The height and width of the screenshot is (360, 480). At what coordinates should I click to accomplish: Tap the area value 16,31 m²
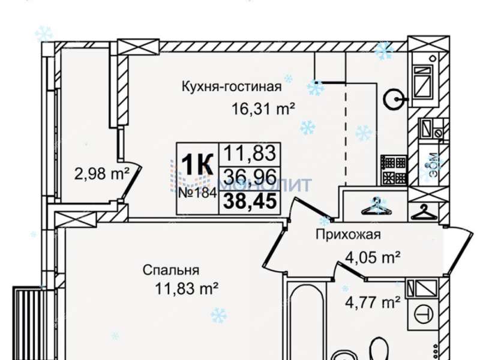point(264,109)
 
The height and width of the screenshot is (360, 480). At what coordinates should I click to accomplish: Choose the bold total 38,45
point(250,201)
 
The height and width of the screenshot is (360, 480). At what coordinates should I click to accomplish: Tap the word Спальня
point(171,270)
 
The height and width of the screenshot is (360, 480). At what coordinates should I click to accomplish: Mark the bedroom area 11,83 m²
point(186,289)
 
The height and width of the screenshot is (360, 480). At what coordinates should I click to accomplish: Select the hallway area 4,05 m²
point(373,258)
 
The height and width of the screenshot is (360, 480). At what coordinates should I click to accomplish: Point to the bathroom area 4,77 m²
point(373,302)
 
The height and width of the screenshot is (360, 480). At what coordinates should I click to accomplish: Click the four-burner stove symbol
point(394,170)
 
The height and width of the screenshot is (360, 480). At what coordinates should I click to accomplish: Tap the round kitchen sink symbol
point(395,98)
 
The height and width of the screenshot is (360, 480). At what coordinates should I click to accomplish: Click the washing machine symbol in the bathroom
point(424,313)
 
